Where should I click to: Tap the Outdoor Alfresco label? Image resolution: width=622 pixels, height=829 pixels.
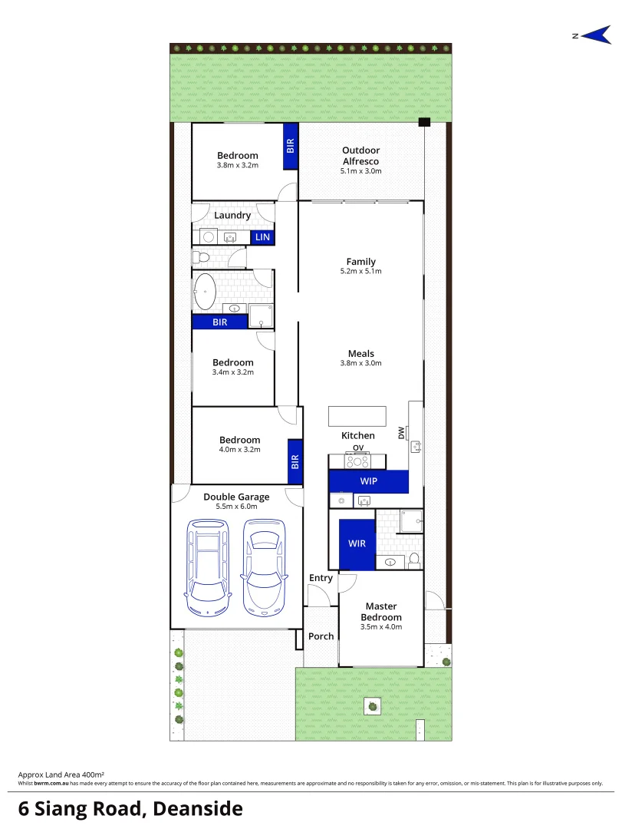click(360, 156)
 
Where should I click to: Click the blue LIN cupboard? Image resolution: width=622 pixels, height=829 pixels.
click(262, 237)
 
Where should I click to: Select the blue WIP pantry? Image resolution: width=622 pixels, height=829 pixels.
click(368, 481)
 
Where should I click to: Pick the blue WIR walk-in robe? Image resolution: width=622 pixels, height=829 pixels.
click(357, 543)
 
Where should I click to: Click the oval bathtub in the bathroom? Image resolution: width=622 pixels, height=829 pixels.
click(205, 292)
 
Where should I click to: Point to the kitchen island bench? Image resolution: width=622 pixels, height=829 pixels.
click(357, 416)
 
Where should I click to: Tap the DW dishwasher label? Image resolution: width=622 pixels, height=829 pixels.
click(401, 433)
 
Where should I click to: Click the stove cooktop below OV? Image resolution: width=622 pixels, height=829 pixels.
click(357, 461)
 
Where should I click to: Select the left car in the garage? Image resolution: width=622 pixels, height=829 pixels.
click(207, 568)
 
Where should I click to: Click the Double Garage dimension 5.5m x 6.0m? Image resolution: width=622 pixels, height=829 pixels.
click(236, 507)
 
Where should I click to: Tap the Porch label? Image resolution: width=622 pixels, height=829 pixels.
click(321, 636)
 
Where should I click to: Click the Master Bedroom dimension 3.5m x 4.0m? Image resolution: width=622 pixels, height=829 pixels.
click(381, 627)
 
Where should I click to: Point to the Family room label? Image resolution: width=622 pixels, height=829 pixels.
click(360, 262)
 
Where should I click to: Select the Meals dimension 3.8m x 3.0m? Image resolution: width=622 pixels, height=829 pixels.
click(360, 364)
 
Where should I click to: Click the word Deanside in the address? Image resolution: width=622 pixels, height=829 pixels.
click(198, 808)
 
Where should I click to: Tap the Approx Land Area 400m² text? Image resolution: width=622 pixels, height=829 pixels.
click(61, 775)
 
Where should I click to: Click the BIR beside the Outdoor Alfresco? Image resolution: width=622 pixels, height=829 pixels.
click(291, 145)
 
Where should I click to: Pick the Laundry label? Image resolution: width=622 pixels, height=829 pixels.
click(232, 216)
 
